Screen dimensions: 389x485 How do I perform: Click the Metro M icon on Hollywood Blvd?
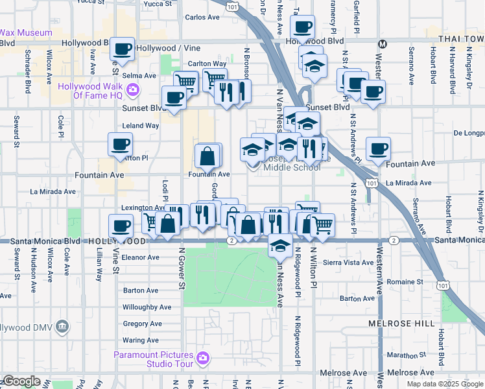pos(383,44)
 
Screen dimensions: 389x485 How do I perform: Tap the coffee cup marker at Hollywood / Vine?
pos(121,49)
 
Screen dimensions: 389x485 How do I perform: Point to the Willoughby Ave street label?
pos(147,307)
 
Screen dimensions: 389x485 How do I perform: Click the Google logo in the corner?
pos(21,381)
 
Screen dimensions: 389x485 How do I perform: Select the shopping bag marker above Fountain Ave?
pos(209,156)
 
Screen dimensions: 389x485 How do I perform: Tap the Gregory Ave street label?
pos(143,324)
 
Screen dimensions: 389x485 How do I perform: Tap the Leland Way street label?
pos(141,125)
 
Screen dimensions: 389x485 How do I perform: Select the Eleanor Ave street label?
pos(141,257)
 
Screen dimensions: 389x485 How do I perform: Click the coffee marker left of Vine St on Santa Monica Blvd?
pos(121,227)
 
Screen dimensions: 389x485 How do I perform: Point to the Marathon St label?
pos(403,355)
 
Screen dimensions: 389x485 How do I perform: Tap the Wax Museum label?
pos(26,32)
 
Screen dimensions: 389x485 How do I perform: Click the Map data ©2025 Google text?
pos(444,384)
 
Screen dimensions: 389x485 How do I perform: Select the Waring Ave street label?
pos(141,340)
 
